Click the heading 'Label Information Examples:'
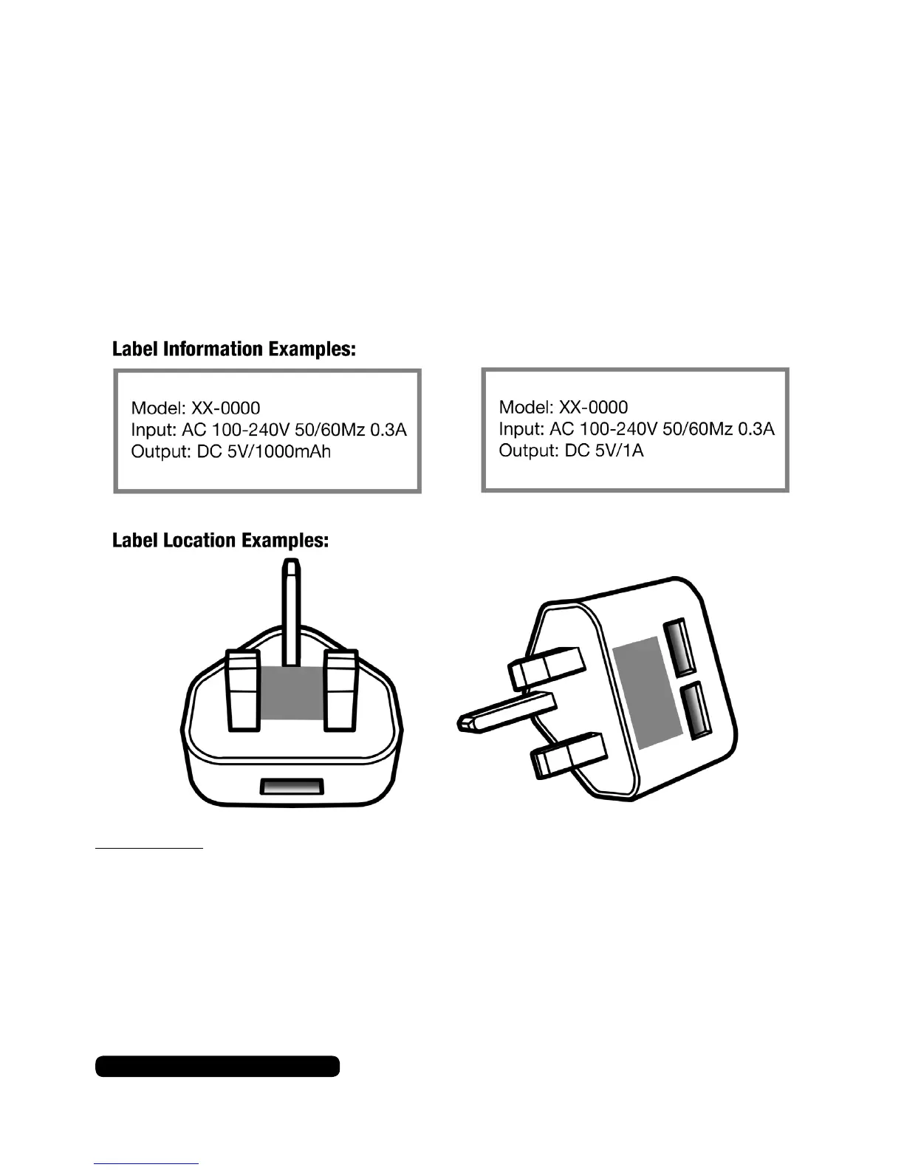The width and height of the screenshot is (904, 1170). click(x=234, y=349)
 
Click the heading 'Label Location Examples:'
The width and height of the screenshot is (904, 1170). click(x=220, y=541)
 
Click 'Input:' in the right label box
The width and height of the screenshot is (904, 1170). click(x=518, y=428)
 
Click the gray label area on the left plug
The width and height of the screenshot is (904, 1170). click(x=291, y=691)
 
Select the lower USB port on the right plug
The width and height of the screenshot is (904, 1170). click(x=696, y=711)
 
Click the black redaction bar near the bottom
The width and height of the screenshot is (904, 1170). click(x=217, y=1067)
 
